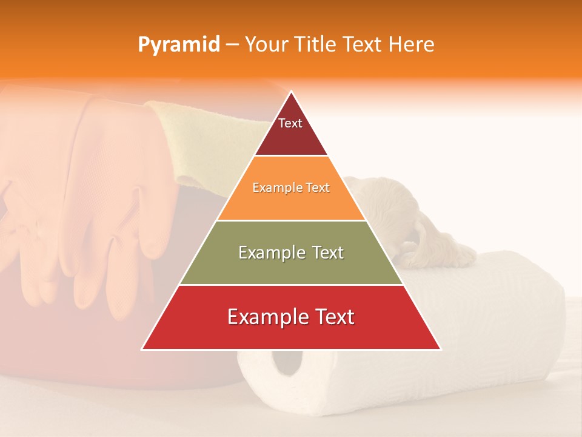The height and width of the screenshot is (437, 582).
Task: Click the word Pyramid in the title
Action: (x=179, y=45)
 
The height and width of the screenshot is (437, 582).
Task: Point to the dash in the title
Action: (x=232, y=45)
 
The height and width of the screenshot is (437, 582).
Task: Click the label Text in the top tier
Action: (x=290, y=124)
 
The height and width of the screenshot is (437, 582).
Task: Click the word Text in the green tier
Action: (x=324, y=252)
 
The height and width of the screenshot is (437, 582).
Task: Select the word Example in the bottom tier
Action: (x=264, y=317)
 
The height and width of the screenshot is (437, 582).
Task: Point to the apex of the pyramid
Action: (x=291, y=92)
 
